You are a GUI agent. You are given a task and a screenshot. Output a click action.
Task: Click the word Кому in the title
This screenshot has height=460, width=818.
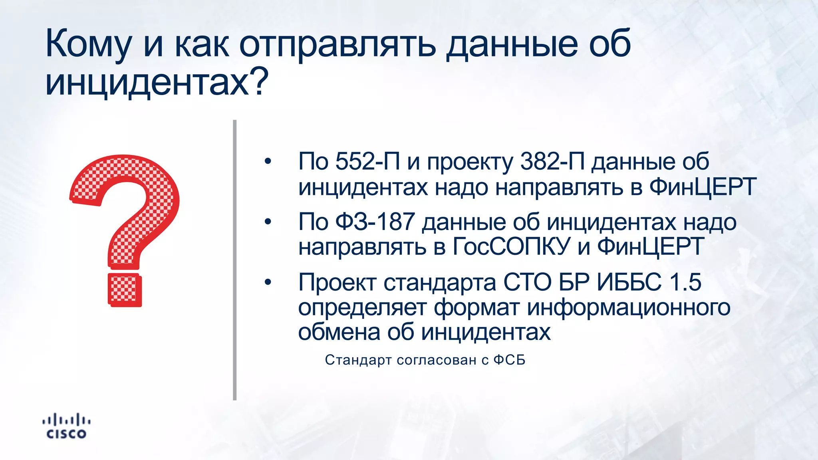pyautogui.click(x=88, y=44)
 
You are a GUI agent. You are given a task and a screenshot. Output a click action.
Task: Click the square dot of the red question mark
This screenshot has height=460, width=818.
pyautogui.click(x=124, y=289)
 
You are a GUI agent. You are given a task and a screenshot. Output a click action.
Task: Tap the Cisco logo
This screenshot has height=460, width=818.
pyautogui.click(x=66, y=426)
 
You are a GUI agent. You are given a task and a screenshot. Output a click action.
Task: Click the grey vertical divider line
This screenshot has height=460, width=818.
pyautogui.click(x=235, y=260)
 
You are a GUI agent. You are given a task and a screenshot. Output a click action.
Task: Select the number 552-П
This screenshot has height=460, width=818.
pyautogui.click(x=367, y=161)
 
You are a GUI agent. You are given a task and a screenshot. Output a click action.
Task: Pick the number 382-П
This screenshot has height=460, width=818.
pyautogui.click(x=552, y=161)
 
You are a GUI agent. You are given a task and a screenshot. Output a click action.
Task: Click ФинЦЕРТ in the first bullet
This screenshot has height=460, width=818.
pyautogui.click(x=703, y=186)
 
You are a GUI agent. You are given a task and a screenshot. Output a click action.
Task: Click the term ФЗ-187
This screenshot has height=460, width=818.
pyautogui.click(x=375, y=222)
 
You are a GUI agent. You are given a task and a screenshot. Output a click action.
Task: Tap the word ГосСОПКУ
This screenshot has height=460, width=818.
pyautogui.click(x=511, y=246)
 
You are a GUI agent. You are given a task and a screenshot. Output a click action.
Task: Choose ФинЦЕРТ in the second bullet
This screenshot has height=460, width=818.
pyautogui.click(x=650, y=246)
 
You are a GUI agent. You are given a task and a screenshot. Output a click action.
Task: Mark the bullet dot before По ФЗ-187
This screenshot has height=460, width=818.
pyautogui.click(x=268, y=222)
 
